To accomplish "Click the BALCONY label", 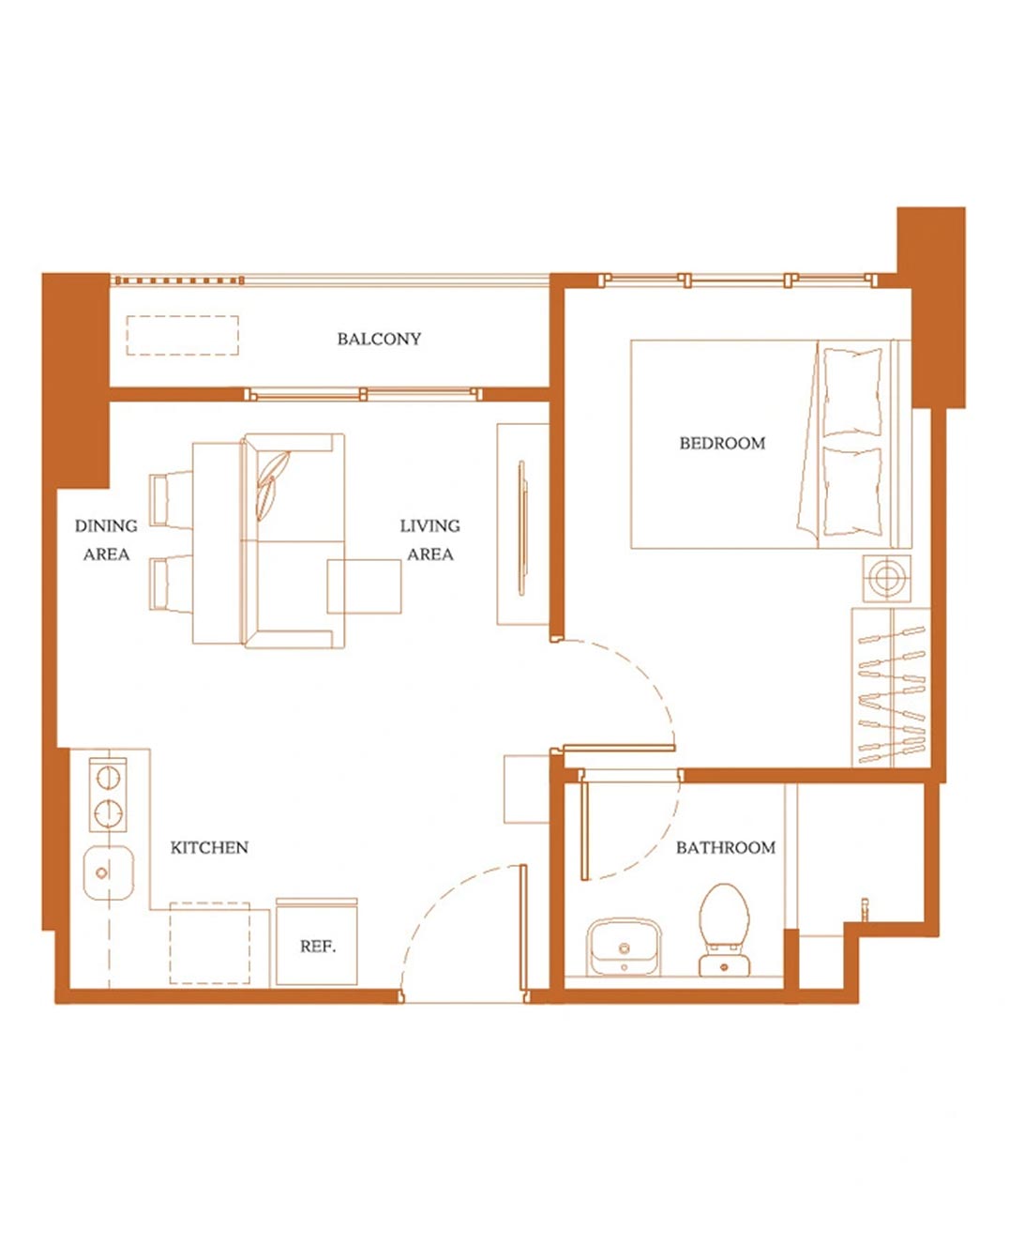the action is pos(379,339).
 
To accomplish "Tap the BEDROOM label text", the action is pos(722,444).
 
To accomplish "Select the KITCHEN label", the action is pos(209,847).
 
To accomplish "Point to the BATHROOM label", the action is pos(726,847).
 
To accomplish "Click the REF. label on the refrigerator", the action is pos(318,947).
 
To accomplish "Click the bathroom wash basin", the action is pos(624,947).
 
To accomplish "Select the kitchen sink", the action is pos(108,872).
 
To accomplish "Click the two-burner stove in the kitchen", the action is pos(108,795).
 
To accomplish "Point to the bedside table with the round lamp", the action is pos(886,578).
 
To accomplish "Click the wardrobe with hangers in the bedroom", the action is pos(891,687).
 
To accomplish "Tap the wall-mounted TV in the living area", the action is pos(522,527).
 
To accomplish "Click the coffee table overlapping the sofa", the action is pos(364,586).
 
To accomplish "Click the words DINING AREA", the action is pos(106,539).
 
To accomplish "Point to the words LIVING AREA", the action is pos(430,539).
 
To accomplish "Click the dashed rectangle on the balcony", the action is pos(182,335).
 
